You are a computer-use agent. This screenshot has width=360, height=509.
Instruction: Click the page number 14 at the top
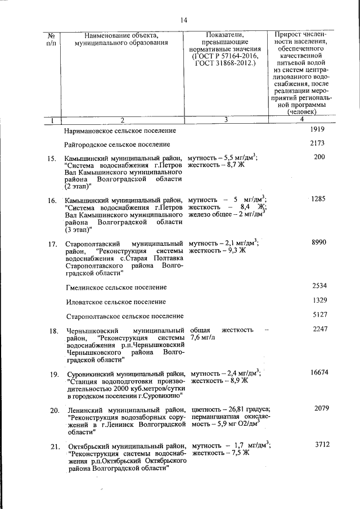point(183,21)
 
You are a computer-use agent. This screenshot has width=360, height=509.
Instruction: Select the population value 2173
point(318,143)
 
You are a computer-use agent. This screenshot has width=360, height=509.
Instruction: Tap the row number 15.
point(52,159)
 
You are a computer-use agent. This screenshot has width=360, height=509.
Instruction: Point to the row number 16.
point(52,201)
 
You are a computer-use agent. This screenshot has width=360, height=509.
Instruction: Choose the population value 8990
point(318,242)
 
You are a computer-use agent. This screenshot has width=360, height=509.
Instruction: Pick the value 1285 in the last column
point(318,200)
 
